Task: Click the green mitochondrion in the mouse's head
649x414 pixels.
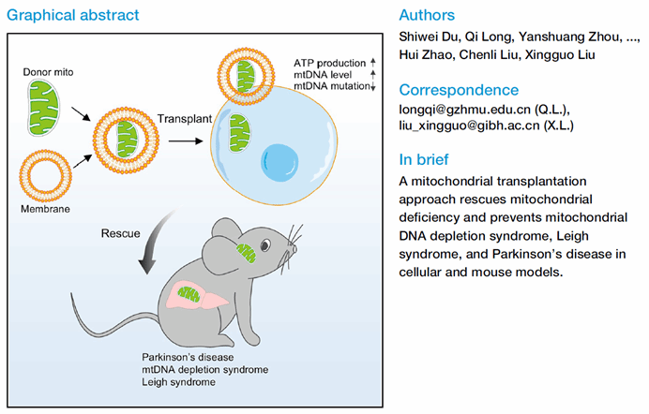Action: click(246, 253)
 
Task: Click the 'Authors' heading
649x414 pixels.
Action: click(427, 16)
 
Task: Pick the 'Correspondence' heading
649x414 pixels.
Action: click(459, 90)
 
